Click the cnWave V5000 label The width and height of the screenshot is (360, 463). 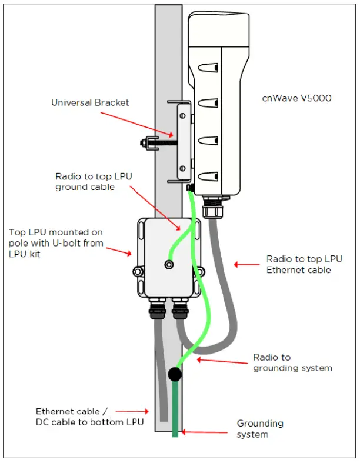tap(296, 98)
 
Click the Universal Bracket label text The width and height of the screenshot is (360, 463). tap(90, 102)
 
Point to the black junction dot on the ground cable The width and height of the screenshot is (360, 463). tap(174, 374)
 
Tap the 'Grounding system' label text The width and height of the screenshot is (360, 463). tap(260, 429)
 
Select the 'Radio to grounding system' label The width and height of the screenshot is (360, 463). tap(292, 363)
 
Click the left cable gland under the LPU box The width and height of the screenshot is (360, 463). tap(158, 308)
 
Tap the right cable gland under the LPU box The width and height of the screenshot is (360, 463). tap(179, 308)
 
